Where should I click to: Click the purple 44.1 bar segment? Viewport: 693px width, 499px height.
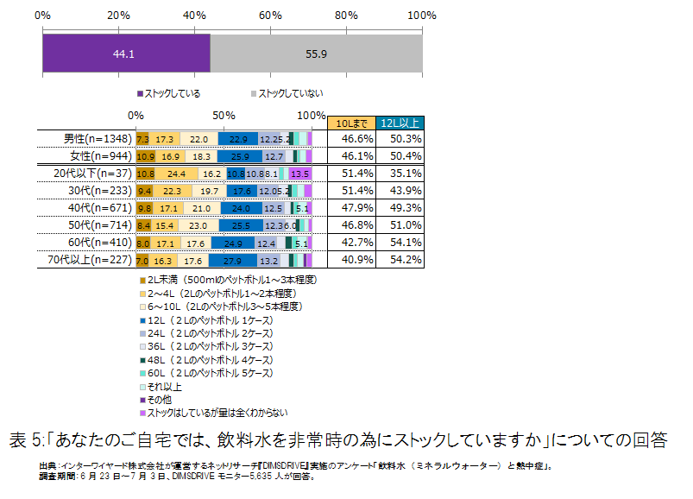126,54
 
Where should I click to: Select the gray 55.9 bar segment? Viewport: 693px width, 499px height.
316,54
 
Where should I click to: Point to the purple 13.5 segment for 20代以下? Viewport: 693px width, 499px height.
299,173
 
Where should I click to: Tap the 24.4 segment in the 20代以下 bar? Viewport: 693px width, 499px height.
177,173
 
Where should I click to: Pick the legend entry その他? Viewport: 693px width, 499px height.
160,400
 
